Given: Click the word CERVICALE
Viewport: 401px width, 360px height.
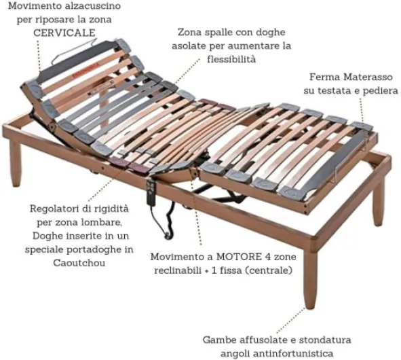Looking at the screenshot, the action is click(64, 33).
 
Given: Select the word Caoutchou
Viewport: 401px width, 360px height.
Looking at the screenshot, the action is click(79, 263).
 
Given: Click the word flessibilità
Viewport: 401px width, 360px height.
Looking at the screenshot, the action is click(231, 59).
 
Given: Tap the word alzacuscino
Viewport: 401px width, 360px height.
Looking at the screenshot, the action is click(92, 5).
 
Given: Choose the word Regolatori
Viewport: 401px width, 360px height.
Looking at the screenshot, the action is click(55, 209).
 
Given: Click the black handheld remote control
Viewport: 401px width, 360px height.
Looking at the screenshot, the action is click(151, 192).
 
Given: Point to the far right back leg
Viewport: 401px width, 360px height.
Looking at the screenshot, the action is click(379, 202).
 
